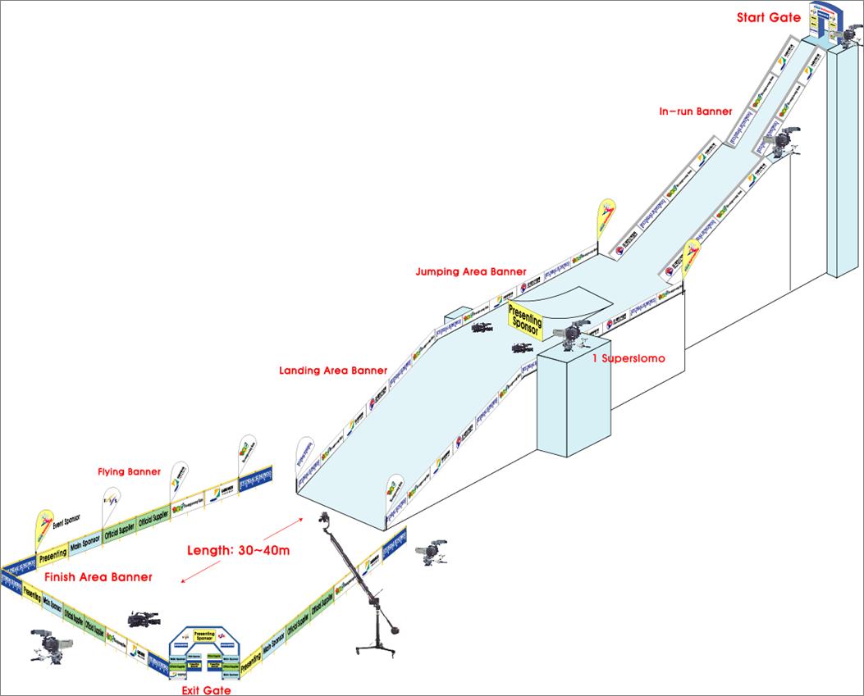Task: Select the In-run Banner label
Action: [x=696, y=111]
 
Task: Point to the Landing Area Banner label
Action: [x=333, y=371]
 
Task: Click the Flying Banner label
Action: [x=129, y=472]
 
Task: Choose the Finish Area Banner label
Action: [x=98, y=577]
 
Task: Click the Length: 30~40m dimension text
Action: [x=238, y=550]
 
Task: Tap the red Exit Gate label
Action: [x=206, y=690]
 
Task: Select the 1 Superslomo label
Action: [x=629, y=358]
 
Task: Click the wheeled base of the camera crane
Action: [x=377, y=648]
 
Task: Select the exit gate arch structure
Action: [x=204, y=648]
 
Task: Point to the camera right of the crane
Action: [x=430, y=553]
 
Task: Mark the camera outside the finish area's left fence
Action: [x=44, y=644]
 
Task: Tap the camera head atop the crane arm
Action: [x=325, y=520]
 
